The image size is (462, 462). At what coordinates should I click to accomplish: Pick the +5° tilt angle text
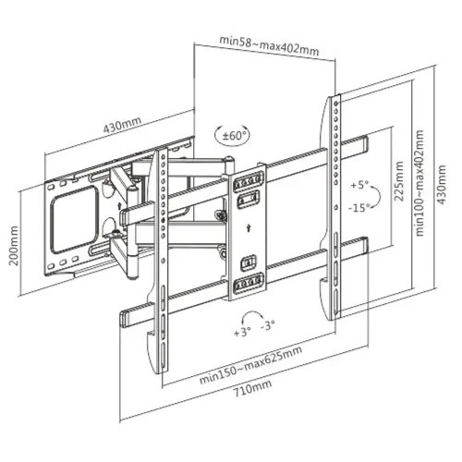pos(359,185)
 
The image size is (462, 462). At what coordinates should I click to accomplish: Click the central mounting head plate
pos(246,231)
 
